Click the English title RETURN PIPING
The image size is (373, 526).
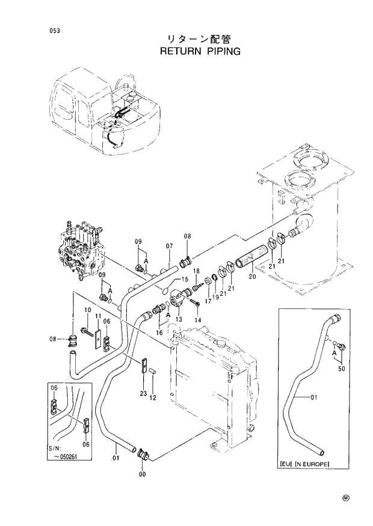(x=200, y=51)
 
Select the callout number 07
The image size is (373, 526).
(x=169, y=246)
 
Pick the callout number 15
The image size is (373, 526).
(x=185, y=280)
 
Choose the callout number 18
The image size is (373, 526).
(x=196, y=280)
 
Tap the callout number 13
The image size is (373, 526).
(x=178, y=319)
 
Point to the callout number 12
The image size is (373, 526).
(x=153, y=398)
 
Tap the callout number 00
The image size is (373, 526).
(x=142, y=474)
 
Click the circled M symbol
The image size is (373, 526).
(x=346, y=498)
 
